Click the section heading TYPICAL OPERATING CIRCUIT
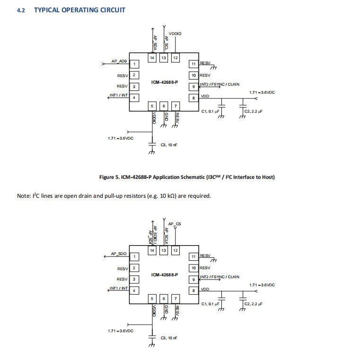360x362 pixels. pos(79,9)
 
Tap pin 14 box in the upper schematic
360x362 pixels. pos(152,58)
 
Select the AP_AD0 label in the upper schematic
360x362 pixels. pos(119,61)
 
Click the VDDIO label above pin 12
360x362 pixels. pos(175,34)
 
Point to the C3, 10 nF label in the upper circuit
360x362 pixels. pos(169,144)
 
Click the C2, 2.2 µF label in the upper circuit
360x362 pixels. pos(253,111)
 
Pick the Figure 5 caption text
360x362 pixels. pos(187,177)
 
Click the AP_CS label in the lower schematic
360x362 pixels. pos(175,223)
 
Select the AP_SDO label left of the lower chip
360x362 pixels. pos(119,254)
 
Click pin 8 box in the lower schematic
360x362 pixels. pos(193,290)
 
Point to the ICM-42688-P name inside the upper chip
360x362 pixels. pos(165,82)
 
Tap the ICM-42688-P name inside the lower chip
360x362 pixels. pos(165,274)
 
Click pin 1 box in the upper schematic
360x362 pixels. pos(134,64)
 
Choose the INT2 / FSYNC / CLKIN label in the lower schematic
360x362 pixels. pos(220,276)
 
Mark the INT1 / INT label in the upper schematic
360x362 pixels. pos(119,95)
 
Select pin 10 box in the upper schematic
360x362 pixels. pos(193,75)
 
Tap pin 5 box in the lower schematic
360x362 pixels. pos(152,298)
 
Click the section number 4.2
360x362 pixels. pos(21,10)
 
